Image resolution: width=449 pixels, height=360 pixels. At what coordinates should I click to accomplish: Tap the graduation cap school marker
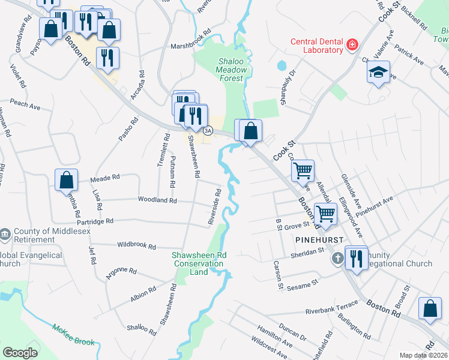(x=378, y=73)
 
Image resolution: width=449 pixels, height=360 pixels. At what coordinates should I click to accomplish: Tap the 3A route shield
(x=208, y=130)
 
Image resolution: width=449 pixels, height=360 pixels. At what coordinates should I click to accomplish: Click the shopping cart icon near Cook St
(x=303, y=170)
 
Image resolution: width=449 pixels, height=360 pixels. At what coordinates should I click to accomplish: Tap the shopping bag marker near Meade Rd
(x=66, y=180)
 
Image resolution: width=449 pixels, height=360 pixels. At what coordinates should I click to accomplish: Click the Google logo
(x=20, y=353)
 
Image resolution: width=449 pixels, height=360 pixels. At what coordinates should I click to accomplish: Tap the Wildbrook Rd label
(x=136, y=246)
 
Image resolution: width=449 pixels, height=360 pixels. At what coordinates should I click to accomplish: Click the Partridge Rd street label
(x=92, y=221)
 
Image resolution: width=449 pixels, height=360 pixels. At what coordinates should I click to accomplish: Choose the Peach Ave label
(x=25, y=105)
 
